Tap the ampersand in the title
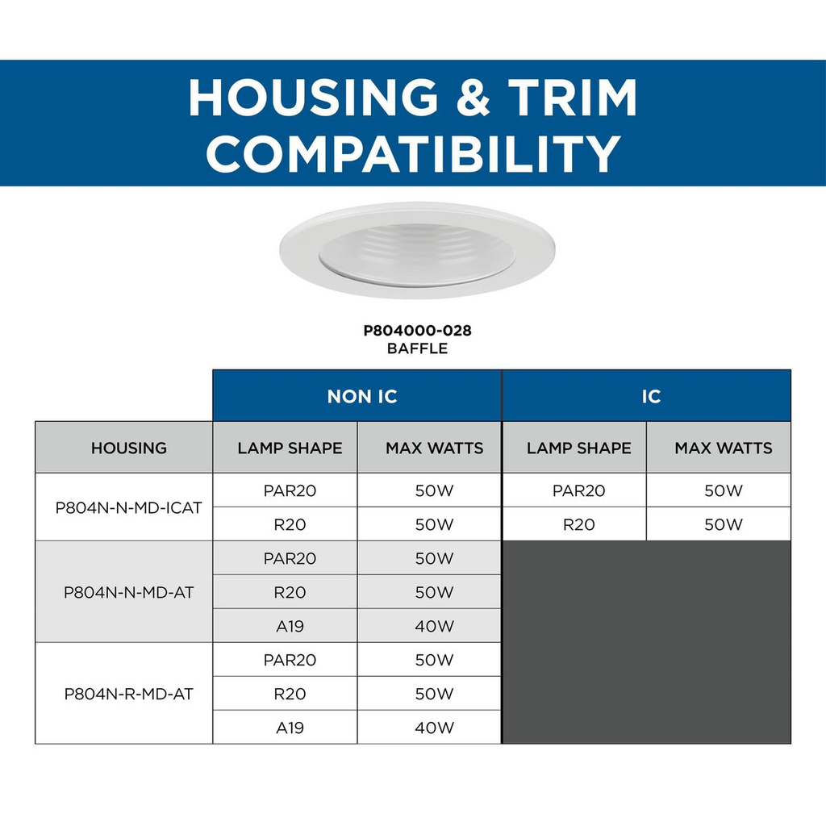(473, 97)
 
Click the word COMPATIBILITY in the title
(413, 153)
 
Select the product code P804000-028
(417, 330)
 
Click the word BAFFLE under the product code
(417, 348)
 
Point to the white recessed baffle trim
(417, 250)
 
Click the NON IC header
(362, 396)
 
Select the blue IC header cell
(647, 395)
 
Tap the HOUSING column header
(128, 448)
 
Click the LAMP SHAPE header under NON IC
(290, 448)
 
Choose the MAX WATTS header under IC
(724, 448)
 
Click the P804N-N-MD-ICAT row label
(128, 508)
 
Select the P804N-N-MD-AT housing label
(128, 593)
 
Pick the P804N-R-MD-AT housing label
(128, 694)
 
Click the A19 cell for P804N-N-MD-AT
(290, 626)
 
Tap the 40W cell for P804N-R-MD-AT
(434, 728)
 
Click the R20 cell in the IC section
(579, 524)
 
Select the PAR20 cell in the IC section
(579, 491)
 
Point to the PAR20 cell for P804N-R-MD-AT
(290, 660)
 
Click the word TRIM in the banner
(573, 97)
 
